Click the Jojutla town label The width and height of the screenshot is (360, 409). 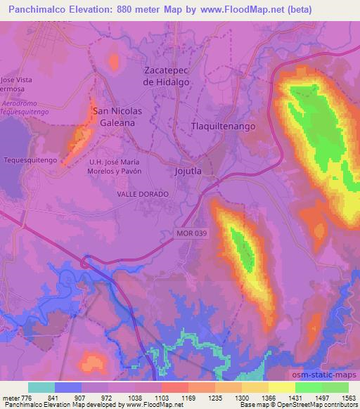coord(187,171)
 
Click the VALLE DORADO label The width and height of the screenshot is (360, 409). coord(142,193)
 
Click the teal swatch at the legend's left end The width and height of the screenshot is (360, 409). coord(41,387)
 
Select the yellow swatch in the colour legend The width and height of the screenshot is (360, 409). coord(281,387)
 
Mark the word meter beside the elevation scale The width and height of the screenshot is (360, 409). coord(11,397)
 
